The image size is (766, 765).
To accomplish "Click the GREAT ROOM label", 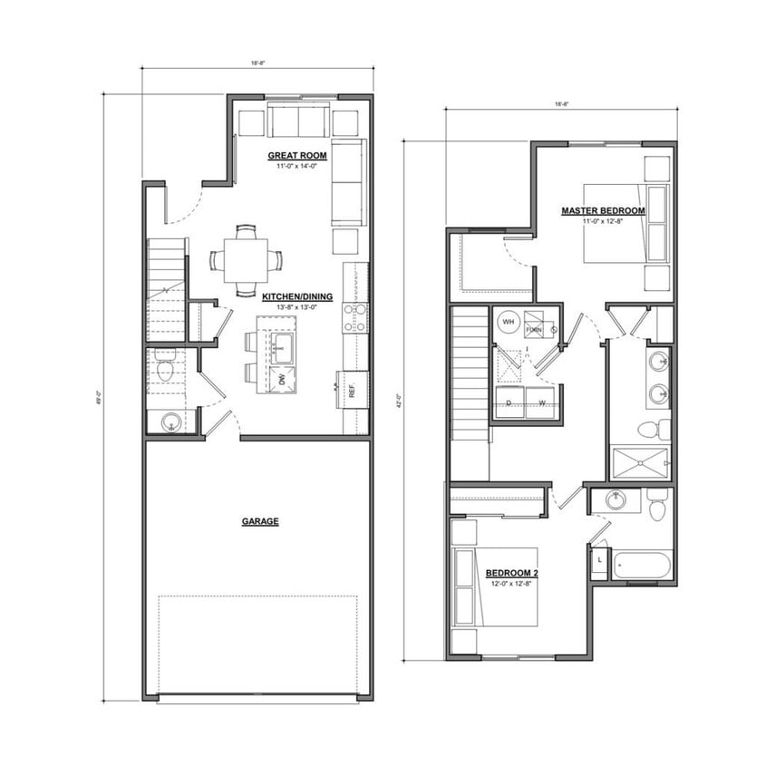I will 297,156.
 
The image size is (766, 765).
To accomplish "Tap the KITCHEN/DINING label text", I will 297,296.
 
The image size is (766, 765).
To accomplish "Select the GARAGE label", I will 259,521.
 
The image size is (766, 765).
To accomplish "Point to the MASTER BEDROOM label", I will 603,211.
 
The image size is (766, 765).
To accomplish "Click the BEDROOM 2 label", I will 511,573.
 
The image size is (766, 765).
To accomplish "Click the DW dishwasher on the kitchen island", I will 281,380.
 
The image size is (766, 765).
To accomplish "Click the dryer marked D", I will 509,402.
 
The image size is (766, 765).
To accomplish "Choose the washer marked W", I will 541,402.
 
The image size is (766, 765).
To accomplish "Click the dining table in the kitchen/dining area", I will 247,260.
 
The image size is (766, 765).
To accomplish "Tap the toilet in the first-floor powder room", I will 165,369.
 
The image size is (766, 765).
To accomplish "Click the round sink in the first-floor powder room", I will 168,421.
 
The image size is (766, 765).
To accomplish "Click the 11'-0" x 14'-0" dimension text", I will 297,167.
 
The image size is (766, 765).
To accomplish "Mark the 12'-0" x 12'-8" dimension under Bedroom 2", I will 511,583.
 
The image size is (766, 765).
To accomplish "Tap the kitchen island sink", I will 281,343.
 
